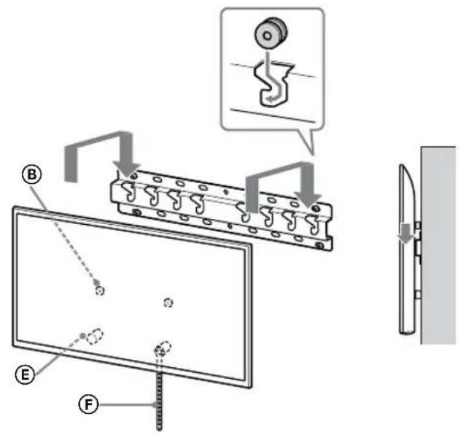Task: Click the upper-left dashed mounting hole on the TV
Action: click(100, 290)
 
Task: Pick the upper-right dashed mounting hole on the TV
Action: click(168, 302)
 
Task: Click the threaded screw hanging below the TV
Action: click(157, 394)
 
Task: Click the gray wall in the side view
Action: click(440, 241)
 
